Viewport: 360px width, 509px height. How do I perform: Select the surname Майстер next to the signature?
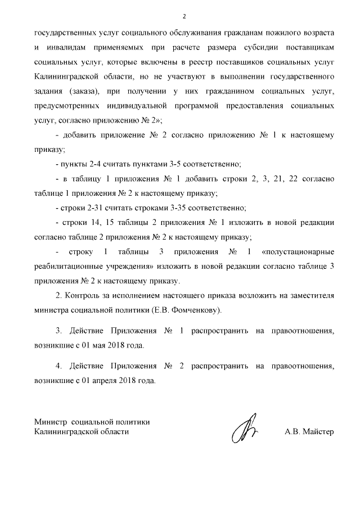pos(319,432)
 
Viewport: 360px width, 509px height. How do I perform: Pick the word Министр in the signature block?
pos(49,422)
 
